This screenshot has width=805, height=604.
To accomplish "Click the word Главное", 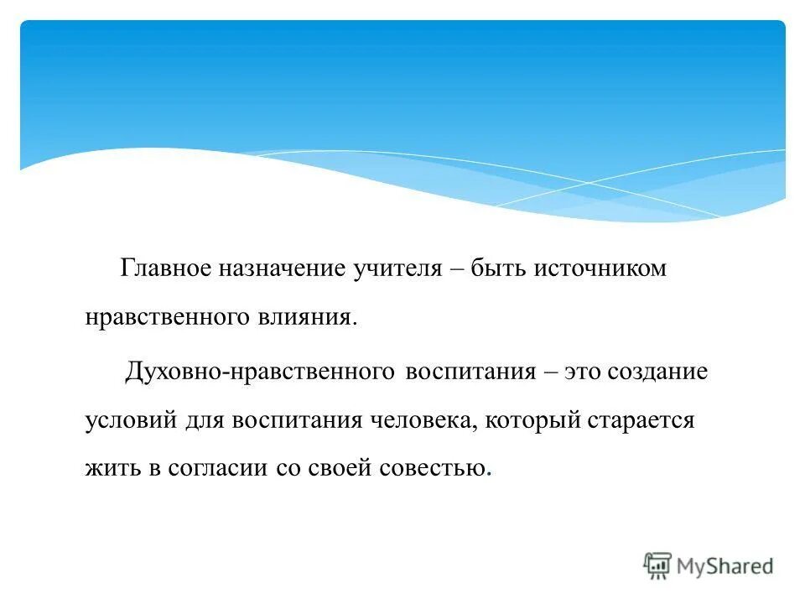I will pos(165,269).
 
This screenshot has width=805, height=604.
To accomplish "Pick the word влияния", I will pos(314,318).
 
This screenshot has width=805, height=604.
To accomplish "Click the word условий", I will pos(130,419).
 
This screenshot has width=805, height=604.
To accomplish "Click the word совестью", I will pos(439,468).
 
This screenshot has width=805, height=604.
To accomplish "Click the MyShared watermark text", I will pos(725,566).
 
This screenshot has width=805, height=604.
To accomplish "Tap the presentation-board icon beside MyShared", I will pos(657,566).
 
